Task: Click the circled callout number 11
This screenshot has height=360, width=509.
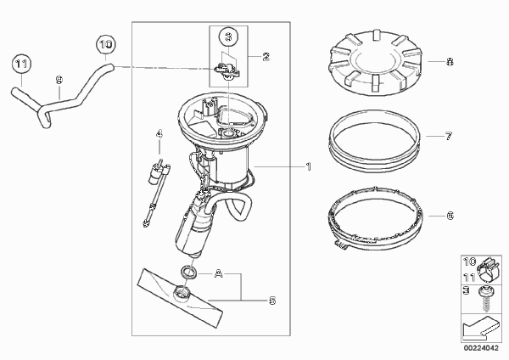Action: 21,64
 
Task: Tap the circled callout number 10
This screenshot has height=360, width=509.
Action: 105,44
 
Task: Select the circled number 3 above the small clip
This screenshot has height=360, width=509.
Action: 228,37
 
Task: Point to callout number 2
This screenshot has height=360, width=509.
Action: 266,57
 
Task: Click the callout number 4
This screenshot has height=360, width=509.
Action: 159,134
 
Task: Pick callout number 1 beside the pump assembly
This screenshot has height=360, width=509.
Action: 308,166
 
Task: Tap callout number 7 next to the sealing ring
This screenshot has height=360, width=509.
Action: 449,136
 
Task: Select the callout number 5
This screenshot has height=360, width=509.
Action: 272,301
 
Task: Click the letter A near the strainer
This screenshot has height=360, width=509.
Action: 219,274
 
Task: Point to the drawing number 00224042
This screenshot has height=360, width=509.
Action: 481,348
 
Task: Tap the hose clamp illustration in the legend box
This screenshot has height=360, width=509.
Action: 488,270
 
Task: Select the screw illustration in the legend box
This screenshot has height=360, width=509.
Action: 486,299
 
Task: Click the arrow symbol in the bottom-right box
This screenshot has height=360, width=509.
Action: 479,327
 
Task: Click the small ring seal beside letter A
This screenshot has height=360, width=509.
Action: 188,273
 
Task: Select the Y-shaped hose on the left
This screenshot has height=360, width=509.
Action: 61,95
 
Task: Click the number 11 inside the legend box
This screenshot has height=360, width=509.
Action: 469,277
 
